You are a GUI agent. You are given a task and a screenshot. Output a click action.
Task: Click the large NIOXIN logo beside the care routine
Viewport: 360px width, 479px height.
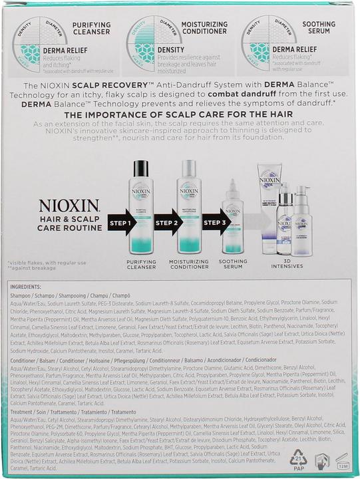point(69,205)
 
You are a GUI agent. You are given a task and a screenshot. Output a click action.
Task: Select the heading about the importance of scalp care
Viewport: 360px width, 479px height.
point(180,114)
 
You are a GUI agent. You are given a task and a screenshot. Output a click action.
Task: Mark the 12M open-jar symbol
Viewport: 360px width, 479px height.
point(341,461)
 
